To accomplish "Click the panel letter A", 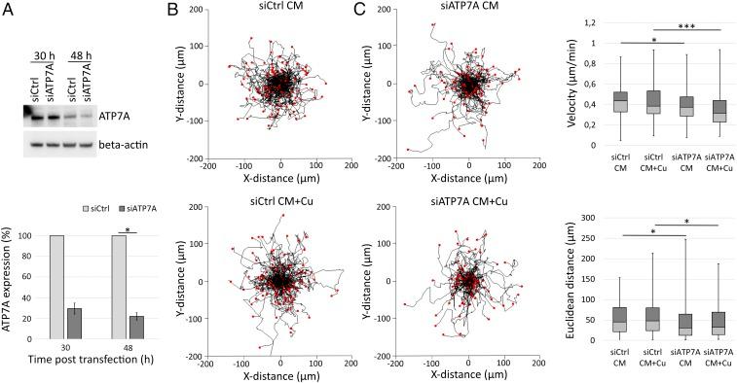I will (9, 11).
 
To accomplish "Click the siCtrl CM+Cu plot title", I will (283, 201).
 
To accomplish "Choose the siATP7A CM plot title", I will (467, 11).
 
